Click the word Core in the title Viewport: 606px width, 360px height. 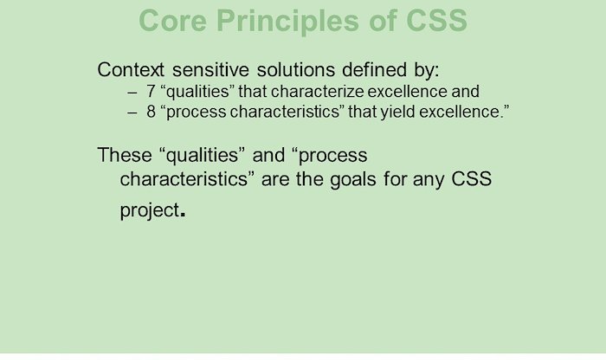pyautogui.click(x=173, y=21)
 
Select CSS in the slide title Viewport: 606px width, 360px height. pyautogui.click(x=436, y=21)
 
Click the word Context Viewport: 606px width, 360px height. pyautogui.click(x=131, y=70)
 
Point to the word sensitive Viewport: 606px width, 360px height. pyautogui.click(x=210, y=70)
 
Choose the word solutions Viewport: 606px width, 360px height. pyautogui.click(x=296, y=70)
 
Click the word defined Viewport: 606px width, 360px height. pyautogui.click(x=374, y=70)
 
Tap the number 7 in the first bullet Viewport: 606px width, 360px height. pyautogui.click(x=151, y=92)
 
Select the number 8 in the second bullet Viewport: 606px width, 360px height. pyautogui.click(x=151, y=112)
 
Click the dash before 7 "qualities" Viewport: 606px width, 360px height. pyautogui.click(x=132, y=93)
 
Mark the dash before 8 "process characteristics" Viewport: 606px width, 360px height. pyautogui.click(x=132, y=112)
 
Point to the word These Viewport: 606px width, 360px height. pyautogui.click(x=125, y=155)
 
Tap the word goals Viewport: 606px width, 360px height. pyautogui.click(x=353, y=180)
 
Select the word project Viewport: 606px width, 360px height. pyautogui.click(x=150, y=211)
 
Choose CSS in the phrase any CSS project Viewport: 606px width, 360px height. pyautogui.click(x=472, y=179)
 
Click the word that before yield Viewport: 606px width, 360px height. pyautogui.click(x=362, y=112)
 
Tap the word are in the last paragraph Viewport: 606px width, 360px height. pyautogui.click(x=274, y=179)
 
